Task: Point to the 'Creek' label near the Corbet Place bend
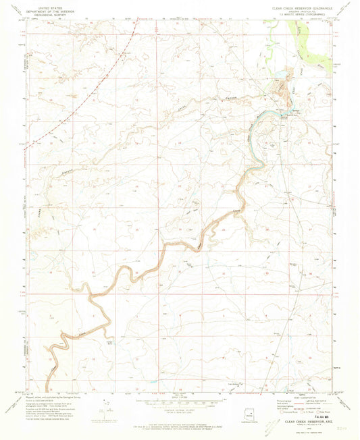point(82,333)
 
